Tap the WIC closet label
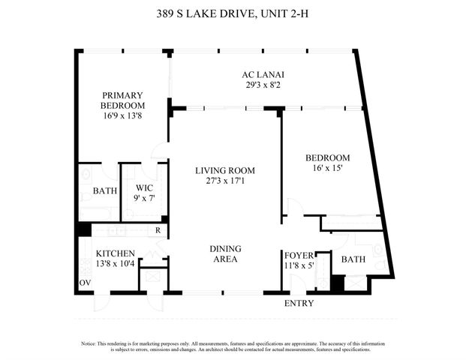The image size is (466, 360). (x=144, y=188)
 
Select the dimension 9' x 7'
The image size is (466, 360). (x=144, y=199)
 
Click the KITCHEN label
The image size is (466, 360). (x=115, y=253)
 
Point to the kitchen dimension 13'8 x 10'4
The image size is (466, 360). (x=115, y=264)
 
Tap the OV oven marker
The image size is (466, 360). (x=85, y=283)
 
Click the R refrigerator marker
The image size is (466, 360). (x=157, y=230)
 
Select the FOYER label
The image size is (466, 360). (x=297, y=255)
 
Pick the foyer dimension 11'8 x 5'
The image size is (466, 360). (x=297, y=265)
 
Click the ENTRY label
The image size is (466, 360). (x=299, y=303)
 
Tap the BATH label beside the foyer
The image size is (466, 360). (x=353, y=259)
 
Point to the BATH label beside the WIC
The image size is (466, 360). (x=105, y=191)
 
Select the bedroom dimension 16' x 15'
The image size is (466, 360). (x=327, y=169)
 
